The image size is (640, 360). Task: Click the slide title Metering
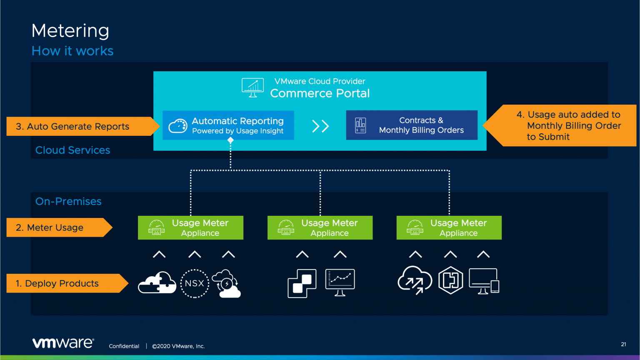coord(70,31)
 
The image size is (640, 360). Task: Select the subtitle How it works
coord(72,51)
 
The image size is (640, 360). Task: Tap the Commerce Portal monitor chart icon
coord(252,87)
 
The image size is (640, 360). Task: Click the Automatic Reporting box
coord(228,125)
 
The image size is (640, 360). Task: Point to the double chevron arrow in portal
coord(320,126)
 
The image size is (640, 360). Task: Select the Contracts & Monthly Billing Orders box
coord(412,125)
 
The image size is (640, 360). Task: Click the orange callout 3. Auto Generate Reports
coord(79,126)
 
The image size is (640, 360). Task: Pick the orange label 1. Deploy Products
coord(65,283)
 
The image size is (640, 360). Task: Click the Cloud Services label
coord(72,150)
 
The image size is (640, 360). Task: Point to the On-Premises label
coord(68,201)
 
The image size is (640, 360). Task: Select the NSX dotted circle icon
coord(194,283)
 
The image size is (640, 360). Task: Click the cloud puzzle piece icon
coord(157,283)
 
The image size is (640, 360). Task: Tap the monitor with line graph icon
coord(340,282)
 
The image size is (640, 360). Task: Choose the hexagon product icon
coord(450,280)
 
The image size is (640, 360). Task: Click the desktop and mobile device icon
coord(484,281)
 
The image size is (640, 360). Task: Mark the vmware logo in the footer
coord(63,343)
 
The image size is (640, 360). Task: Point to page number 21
coord(623,344)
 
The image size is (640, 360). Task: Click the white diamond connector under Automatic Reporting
coord(230,140)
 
